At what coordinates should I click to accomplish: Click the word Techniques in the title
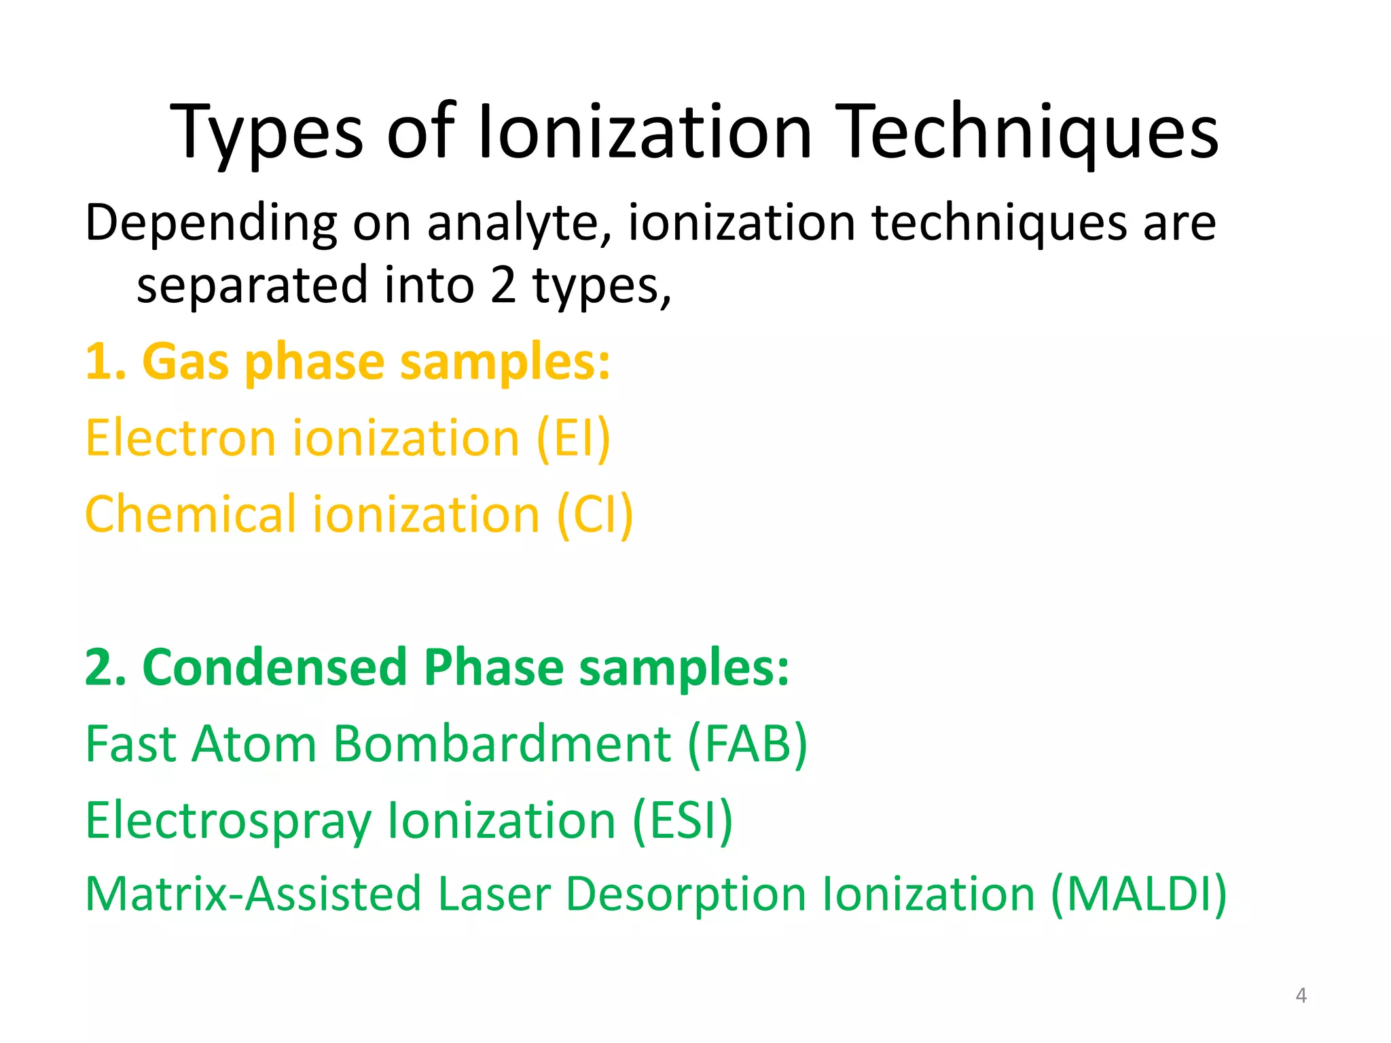(x=1030, y=132)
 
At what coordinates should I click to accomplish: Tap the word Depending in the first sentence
(x=211, y=224)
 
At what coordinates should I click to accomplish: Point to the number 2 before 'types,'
(x=503, y=285)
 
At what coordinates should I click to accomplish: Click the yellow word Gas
(x=185, y=362)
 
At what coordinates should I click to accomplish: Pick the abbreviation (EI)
(x=573, y=439)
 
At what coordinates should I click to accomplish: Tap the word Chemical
(x=192, y=515)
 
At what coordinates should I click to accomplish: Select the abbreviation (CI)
(x=595, y=515)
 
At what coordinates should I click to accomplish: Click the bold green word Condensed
(x=274, y=668)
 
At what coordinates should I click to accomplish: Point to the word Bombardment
(x=503, y=744)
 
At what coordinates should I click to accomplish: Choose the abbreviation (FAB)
(x=747, y=744)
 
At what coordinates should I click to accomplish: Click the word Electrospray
(x=228, y=821)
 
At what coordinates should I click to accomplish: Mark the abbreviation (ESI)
(x=683, y=821)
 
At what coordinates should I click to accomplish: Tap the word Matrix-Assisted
(x=253, y=894)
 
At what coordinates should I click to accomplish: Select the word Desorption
(x=686, y=894)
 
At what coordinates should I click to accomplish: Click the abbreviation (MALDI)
(x=1138, y=894)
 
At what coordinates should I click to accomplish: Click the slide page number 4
(x=1301, y=995)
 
